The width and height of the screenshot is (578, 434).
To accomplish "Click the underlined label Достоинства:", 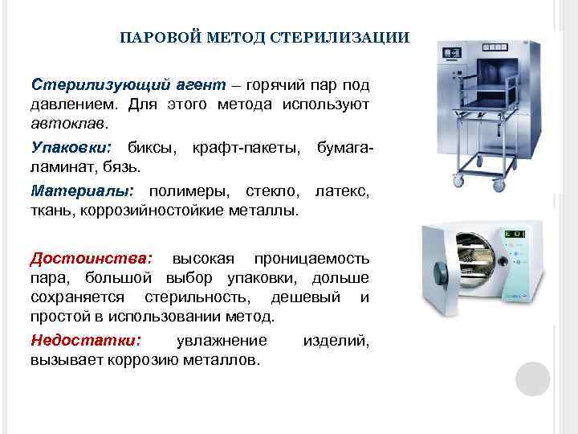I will [90, 259].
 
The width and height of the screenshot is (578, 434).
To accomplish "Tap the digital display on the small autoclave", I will [514, 234].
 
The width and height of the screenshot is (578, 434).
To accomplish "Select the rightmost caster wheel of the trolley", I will [499, 186].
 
